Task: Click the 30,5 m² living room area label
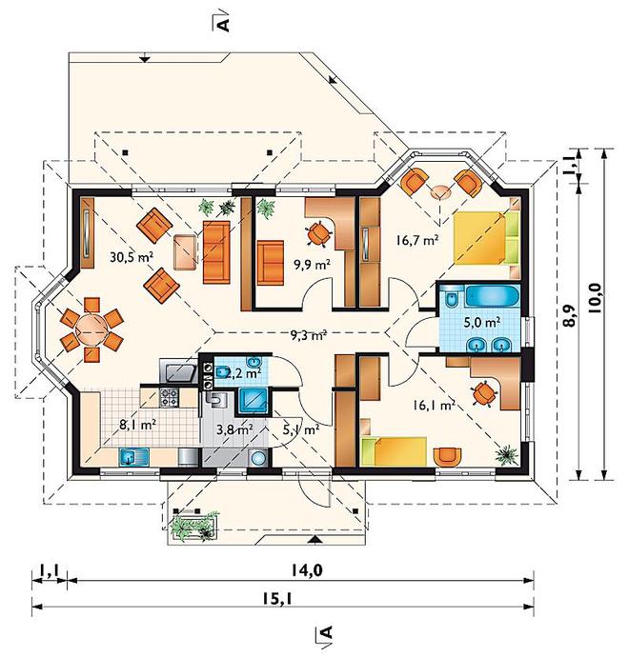coord(132,256)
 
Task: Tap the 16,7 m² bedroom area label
coord(417,241)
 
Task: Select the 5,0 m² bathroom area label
coord(481,322)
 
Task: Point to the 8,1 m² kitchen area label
coord(138,425)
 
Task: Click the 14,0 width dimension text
coord(307,570)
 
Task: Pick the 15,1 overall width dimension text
coord(277,598)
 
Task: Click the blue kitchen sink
coord(134,457)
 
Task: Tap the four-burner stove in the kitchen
coord(169,397)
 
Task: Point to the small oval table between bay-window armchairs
coord(439,192)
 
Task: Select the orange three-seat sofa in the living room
coord(216,252)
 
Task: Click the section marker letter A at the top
coord(225,25)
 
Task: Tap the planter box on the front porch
coord(194,526)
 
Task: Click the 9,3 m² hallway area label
coord(309,335)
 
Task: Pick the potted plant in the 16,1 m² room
coord(506,455)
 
